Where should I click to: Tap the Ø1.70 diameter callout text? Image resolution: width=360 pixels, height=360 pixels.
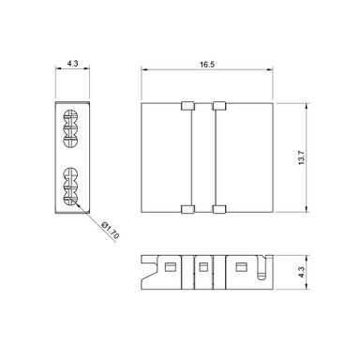[x=110, y=231]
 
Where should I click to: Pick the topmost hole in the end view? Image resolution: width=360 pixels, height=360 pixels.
[x=71, y=117]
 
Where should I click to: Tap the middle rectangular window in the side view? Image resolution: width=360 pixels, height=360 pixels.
[x=202, y=269]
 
